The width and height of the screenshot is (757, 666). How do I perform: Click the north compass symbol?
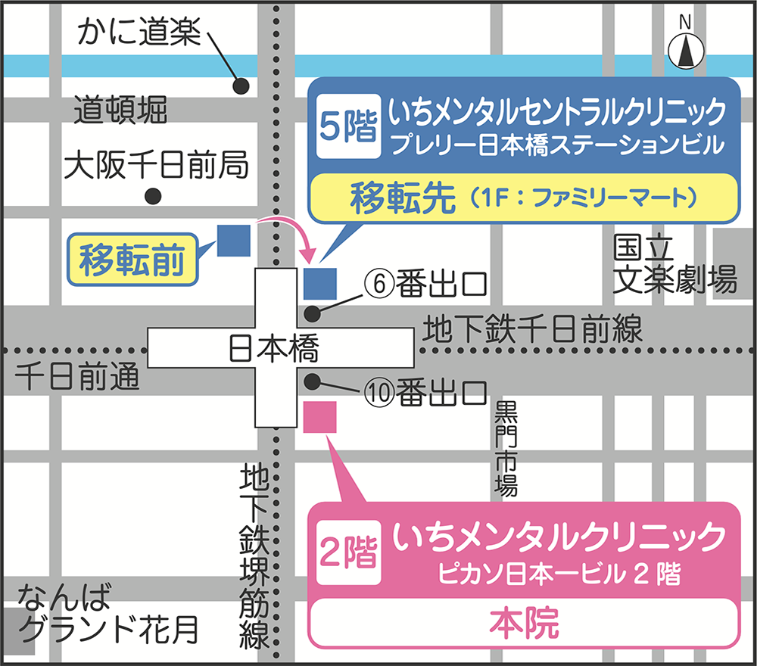686,50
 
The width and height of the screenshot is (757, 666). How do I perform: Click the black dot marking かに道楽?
241,86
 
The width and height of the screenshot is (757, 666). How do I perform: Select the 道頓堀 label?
120,113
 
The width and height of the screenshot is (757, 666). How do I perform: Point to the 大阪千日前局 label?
156,165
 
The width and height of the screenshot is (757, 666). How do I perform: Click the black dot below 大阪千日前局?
154,196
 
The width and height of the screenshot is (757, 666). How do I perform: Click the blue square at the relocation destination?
319,284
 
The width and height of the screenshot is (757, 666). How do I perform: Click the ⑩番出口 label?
423,391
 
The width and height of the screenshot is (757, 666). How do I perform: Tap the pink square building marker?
319,417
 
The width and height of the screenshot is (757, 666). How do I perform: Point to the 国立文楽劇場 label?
674,264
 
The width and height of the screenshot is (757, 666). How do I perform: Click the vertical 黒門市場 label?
505,450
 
